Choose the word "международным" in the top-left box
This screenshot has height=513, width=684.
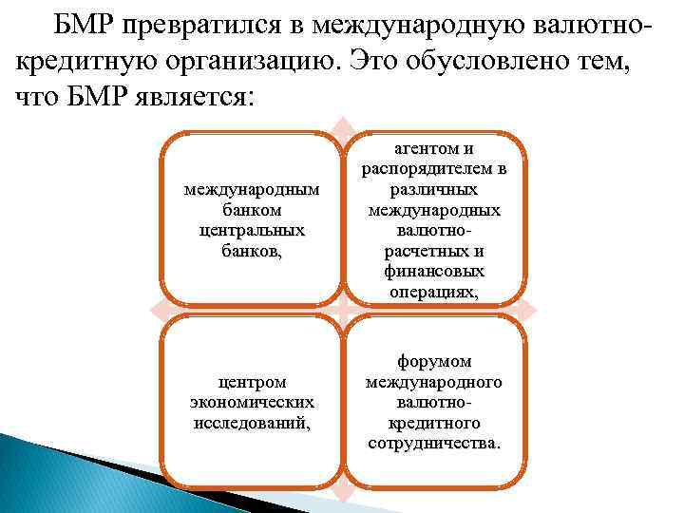[x=251, y=191]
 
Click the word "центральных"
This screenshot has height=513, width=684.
[x=251, y=229]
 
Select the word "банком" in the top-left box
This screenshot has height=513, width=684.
[x=251, y=210]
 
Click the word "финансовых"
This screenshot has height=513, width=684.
[x=433, y=271]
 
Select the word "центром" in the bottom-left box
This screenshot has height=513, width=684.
[x=251, y=383]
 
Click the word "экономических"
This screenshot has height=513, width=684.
[x=251, y=403]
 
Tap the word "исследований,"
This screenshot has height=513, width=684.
[x=251, y=423]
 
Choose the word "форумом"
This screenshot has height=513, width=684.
[x=433, y=363]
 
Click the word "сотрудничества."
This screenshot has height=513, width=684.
[x=433, y=444]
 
